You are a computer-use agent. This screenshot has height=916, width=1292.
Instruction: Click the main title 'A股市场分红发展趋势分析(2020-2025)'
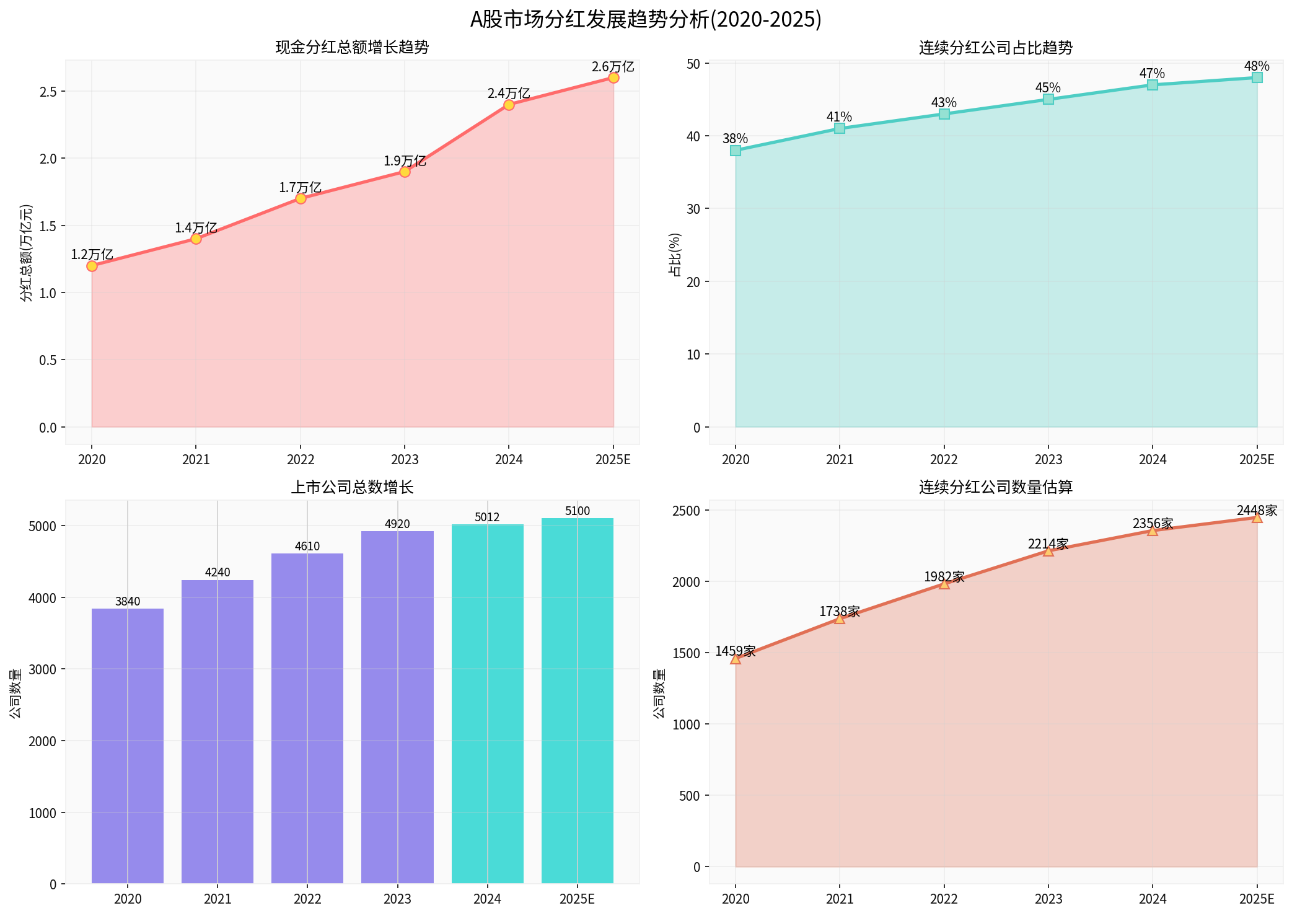(x=646, y=20)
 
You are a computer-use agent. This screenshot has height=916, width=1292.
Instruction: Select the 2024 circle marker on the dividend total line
(x=509, y=105)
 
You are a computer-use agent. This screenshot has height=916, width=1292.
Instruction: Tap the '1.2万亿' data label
(x=92, y=255)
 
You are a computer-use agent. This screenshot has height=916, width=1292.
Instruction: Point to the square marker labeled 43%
(x=944, y=114)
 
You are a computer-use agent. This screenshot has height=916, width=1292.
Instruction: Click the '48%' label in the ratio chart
(x=1257, y=66)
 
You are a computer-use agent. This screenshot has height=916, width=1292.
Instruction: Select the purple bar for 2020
(x=128, y=744)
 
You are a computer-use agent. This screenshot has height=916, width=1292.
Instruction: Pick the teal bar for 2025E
(x=577, y=700)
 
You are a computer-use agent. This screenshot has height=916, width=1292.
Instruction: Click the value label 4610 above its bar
(x=307, y=546)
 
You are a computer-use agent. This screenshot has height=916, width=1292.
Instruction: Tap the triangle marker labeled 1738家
(x=840, y=619)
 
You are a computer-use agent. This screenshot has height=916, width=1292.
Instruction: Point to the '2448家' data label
(x=1257, y=511)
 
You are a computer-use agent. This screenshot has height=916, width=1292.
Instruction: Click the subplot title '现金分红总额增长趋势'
(x=352, y=48)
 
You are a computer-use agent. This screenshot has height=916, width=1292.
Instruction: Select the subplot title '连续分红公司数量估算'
(x=995, y=488)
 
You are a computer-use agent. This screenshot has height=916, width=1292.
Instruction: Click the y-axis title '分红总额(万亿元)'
(x=26, y=253)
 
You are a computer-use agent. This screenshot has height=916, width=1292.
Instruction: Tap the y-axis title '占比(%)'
(x=675, y=254)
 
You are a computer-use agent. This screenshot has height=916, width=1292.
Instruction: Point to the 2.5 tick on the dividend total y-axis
(x=48, y=92)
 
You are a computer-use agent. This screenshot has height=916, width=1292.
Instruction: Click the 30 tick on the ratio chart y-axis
(x=693, y=209)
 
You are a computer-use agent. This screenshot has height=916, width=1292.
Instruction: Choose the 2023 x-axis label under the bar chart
(x=397, y=899)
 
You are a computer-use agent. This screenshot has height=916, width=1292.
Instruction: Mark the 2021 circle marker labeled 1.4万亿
(x=196, y=239)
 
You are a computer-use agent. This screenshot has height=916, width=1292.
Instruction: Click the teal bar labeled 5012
(x=487, y=703)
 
